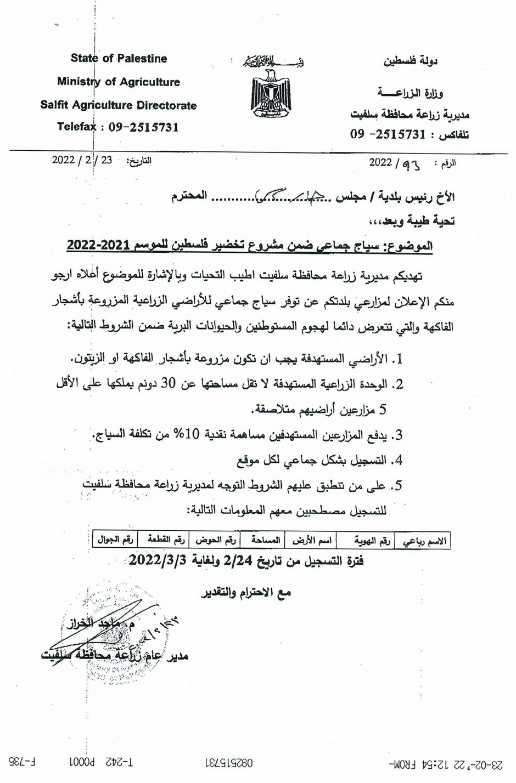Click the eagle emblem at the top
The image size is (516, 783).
(270, 91)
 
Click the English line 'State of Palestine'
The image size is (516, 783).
(119, 59)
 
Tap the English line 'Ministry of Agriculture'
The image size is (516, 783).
(119, 82)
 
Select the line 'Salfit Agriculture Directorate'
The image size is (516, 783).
(119, 105)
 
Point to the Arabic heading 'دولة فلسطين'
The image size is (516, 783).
(410, 61)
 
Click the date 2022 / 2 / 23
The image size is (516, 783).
(82, 161)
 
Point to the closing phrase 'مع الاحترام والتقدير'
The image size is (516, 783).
(245, 592)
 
